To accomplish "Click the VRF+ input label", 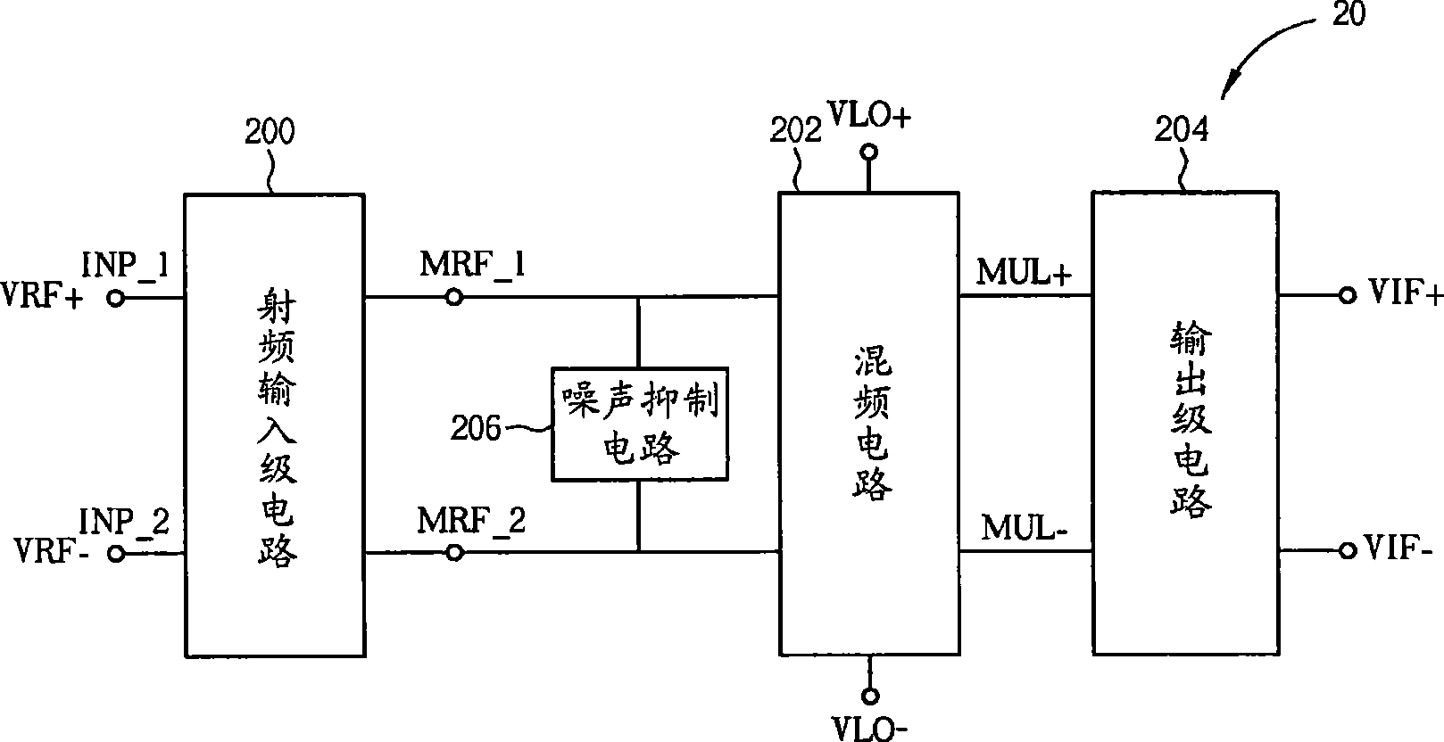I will click(x=42, y=297).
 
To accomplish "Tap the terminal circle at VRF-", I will click(x=115, y=554).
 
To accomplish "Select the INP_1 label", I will click(x=125, y=265).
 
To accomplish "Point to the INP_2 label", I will click(x=124, y=520).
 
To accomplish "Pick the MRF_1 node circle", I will click(x=454, y=297).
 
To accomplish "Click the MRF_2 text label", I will click(x=471, y=520).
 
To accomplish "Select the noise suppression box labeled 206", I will click(x=639, y=425).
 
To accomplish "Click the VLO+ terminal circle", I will click(x=869, y=153).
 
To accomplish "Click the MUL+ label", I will click(x=1024, y=273).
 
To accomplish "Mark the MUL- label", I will click(x=1024, y=528).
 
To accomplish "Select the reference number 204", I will click(x=1181, y=130).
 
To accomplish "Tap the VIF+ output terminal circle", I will click(x=1347, y=297).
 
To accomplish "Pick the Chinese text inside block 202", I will click(x=869, y=425).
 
